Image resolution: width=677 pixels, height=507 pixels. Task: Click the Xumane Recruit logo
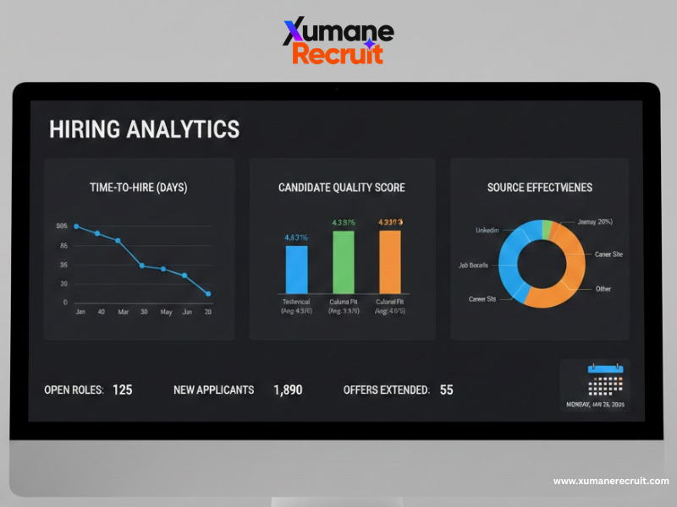(x=338, y=41)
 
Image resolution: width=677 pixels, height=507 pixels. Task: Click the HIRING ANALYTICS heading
(x=144, y=129)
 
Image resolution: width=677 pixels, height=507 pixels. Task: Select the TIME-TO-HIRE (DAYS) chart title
(x=139, y=188)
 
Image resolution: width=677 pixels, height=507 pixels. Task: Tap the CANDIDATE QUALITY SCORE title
(x=342, y=188)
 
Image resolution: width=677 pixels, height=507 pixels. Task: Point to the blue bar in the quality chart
(x=297, y=269)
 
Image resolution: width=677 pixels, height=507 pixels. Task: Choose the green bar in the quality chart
(x=344, y=261)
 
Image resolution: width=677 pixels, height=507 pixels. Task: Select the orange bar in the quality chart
(x=389, y=261)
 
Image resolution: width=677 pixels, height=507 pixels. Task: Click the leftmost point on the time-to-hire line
(x=76, y=226)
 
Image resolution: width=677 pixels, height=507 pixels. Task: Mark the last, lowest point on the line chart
(x=208, y=294)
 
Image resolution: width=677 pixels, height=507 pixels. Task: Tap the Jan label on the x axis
(x=80, y=313)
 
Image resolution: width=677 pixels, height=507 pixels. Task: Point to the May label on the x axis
(x=166, y=313)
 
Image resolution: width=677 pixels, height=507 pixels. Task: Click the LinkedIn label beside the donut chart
(x=487, y=230)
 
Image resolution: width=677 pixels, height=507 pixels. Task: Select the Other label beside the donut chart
(x=603, y=289)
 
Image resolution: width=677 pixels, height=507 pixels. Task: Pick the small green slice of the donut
(x=548, y=226)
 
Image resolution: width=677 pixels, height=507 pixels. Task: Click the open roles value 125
(x=122, y=390)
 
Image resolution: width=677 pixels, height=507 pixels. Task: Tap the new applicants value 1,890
(x=288, y=390)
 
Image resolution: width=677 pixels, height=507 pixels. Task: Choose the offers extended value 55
(x=446, y=390)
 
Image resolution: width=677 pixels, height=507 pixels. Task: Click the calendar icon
(x=605, y=381)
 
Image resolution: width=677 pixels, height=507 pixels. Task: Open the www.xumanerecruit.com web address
(x=611, y=481)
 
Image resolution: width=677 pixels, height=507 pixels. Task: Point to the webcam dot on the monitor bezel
(x=336, y=89)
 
